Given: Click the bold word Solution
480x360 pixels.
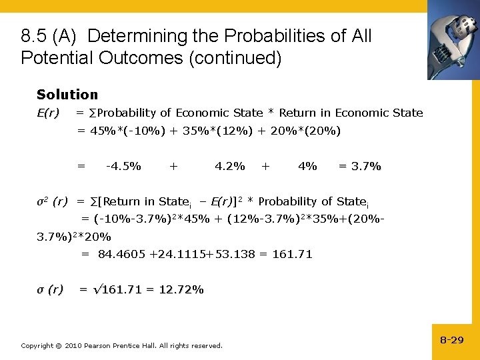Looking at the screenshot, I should (67, 95).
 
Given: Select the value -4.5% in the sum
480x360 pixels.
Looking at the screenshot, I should (123, 166).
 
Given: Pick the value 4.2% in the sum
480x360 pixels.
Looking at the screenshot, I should (229, 166).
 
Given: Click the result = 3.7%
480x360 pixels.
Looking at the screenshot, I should (360, 166).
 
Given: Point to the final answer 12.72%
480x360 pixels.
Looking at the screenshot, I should (181, 289).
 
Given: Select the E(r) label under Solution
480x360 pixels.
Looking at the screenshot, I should (48, 113).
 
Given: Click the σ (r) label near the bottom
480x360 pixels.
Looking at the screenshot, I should (50, 289).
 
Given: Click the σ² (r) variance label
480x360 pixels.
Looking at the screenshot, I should (51, 201).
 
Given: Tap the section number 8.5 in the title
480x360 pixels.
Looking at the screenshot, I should (33, 36).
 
